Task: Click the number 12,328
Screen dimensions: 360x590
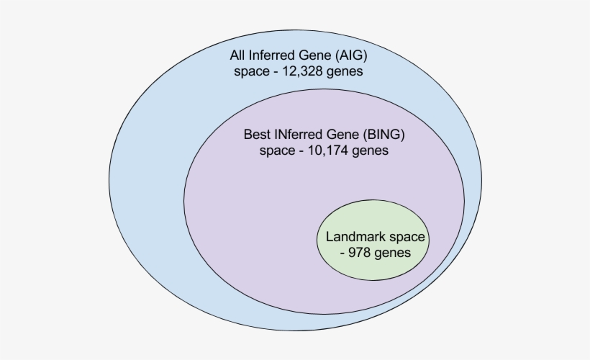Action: (x=306, y=72)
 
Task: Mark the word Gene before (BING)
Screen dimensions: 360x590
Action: (x=339, y=135)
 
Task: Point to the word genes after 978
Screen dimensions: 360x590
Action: (x=394, y=253)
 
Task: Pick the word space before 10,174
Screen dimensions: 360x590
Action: (x=275, y=151)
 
